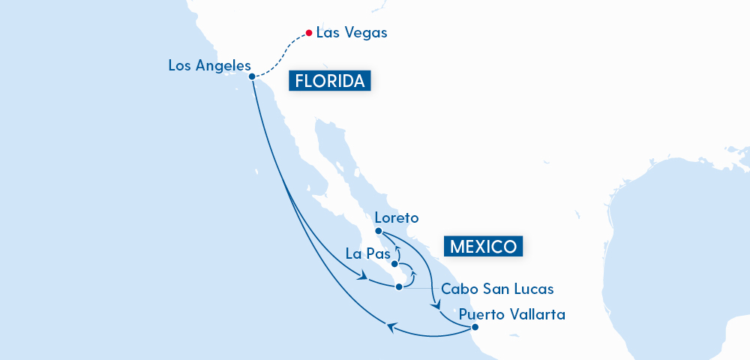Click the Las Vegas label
352,33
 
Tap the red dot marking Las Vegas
308,33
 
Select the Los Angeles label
209,65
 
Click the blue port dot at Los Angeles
252,76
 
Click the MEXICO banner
484,246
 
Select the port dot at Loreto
379,232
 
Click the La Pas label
364,253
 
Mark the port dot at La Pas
394,264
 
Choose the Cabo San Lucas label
498,289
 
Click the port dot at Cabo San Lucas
400,285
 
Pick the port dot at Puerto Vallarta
475,326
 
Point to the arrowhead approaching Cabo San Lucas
364,278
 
